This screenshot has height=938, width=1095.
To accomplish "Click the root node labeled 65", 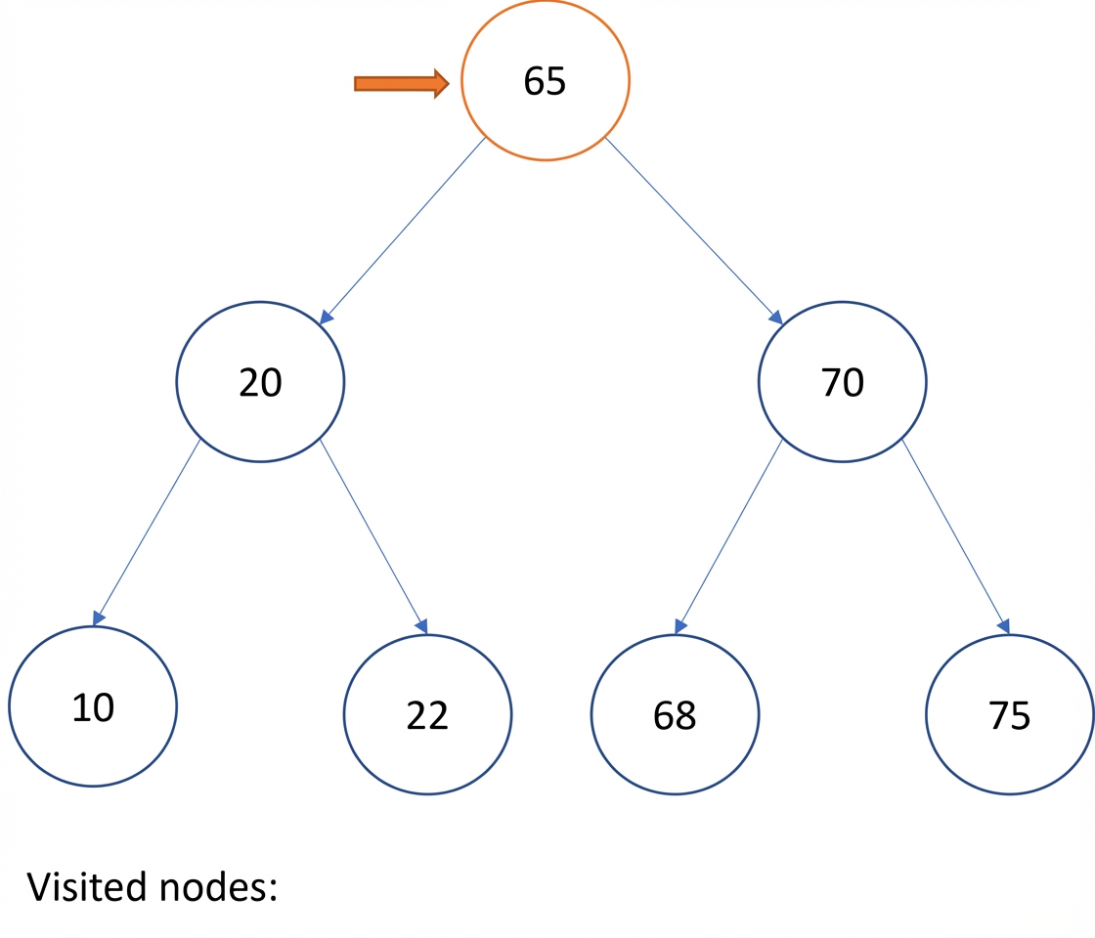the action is coord(545,80).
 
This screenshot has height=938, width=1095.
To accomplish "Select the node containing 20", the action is coord(260,382).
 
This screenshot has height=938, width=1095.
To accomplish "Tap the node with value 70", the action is coord(842,382).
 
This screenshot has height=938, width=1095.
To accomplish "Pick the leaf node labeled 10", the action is coord(93,706).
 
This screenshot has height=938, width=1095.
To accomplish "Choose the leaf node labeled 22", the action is coord(427,714).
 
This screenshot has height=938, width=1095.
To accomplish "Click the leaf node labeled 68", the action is coord(675,714).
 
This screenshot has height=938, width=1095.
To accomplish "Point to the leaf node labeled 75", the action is coord(1010,714).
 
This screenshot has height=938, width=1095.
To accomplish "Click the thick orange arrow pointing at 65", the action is coord(402,84).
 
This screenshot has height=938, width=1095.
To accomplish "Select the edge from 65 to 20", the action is coord(402,231).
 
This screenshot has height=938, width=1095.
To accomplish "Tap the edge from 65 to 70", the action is coord(693,231).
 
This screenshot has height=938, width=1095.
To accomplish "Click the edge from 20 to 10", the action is coord(147,532).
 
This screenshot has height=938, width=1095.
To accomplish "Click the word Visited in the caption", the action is coord(87,887).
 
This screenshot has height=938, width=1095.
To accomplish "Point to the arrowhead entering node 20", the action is coord(327,317).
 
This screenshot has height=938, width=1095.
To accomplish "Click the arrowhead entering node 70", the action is coord(775,317).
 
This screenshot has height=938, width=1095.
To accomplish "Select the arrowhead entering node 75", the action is coord(1004,625).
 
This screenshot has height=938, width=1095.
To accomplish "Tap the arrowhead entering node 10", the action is coord(99,618).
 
